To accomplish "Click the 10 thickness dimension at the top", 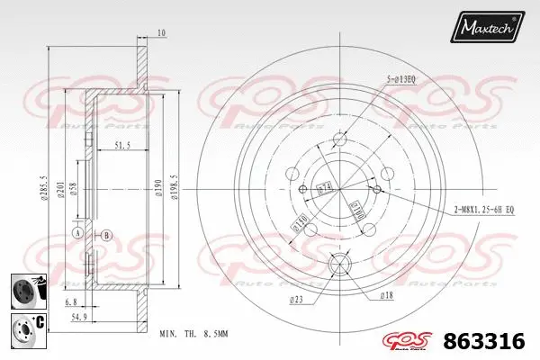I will (161, 34).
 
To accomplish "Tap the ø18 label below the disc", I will (387, 294).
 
